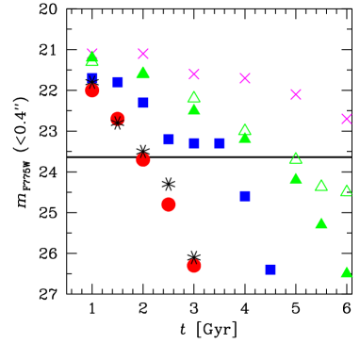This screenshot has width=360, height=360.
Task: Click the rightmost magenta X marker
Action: click(x=346, y=119)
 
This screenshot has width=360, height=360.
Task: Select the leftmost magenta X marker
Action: click(x=92, y=54)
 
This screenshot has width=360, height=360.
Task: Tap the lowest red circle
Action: click(x=194, y=266)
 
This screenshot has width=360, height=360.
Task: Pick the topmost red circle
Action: click(x=92, y=90)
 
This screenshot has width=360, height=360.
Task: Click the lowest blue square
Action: click(x=270, y=269)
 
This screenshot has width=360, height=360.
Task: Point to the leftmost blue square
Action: click(x=92, y=78)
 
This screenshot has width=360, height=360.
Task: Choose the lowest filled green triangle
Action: click(x=346, y=272)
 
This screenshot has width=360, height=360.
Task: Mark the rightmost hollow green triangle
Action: click(x=346, y=190)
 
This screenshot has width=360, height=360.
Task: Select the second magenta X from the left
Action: click(x=143, y=54)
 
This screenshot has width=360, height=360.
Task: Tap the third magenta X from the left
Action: click(x=194, y=74)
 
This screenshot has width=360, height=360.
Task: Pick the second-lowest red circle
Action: click(x=169, y=205)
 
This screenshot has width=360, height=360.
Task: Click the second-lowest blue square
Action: click(x=245, y=196)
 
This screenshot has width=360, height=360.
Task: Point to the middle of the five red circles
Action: click(x=143, y=160)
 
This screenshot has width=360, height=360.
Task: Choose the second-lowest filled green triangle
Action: click(x=321, y=223)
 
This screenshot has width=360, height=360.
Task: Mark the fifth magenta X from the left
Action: click(x=296, y=94)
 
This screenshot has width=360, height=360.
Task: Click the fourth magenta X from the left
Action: click(x=245, y=78)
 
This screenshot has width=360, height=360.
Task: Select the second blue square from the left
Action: click(x=118, y=82)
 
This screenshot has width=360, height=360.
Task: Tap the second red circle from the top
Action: click(x=118, y=119)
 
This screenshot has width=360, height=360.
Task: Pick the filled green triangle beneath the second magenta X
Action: click(x=143, y=73)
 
